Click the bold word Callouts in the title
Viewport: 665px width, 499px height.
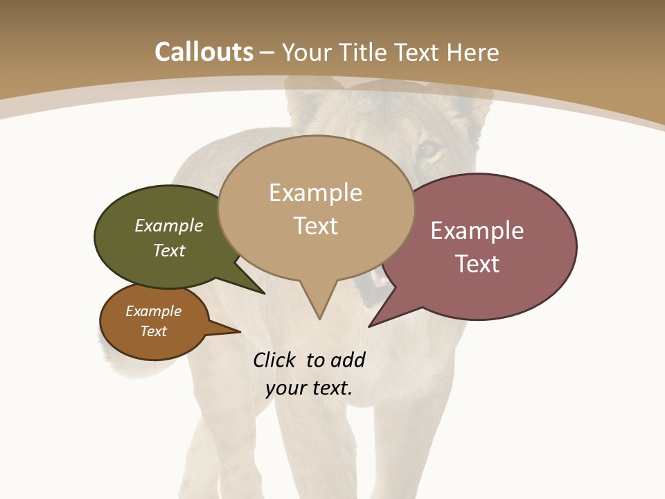[204, 52]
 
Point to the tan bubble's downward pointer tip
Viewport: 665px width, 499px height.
[319, 318]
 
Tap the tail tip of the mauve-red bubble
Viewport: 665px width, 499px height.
[370, 325]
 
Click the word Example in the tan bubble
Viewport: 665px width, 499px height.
[315, 193]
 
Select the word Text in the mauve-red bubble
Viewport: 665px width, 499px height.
[477, 264]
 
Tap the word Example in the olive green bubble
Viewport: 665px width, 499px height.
[169, 226]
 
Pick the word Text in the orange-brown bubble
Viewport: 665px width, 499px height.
[154, 331]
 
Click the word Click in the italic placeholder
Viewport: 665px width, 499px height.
[276, 360]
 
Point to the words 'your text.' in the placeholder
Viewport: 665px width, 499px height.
[309, 389]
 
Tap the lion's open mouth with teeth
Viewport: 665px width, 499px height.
[379, 281]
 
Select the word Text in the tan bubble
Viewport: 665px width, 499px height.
[316, 226]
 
